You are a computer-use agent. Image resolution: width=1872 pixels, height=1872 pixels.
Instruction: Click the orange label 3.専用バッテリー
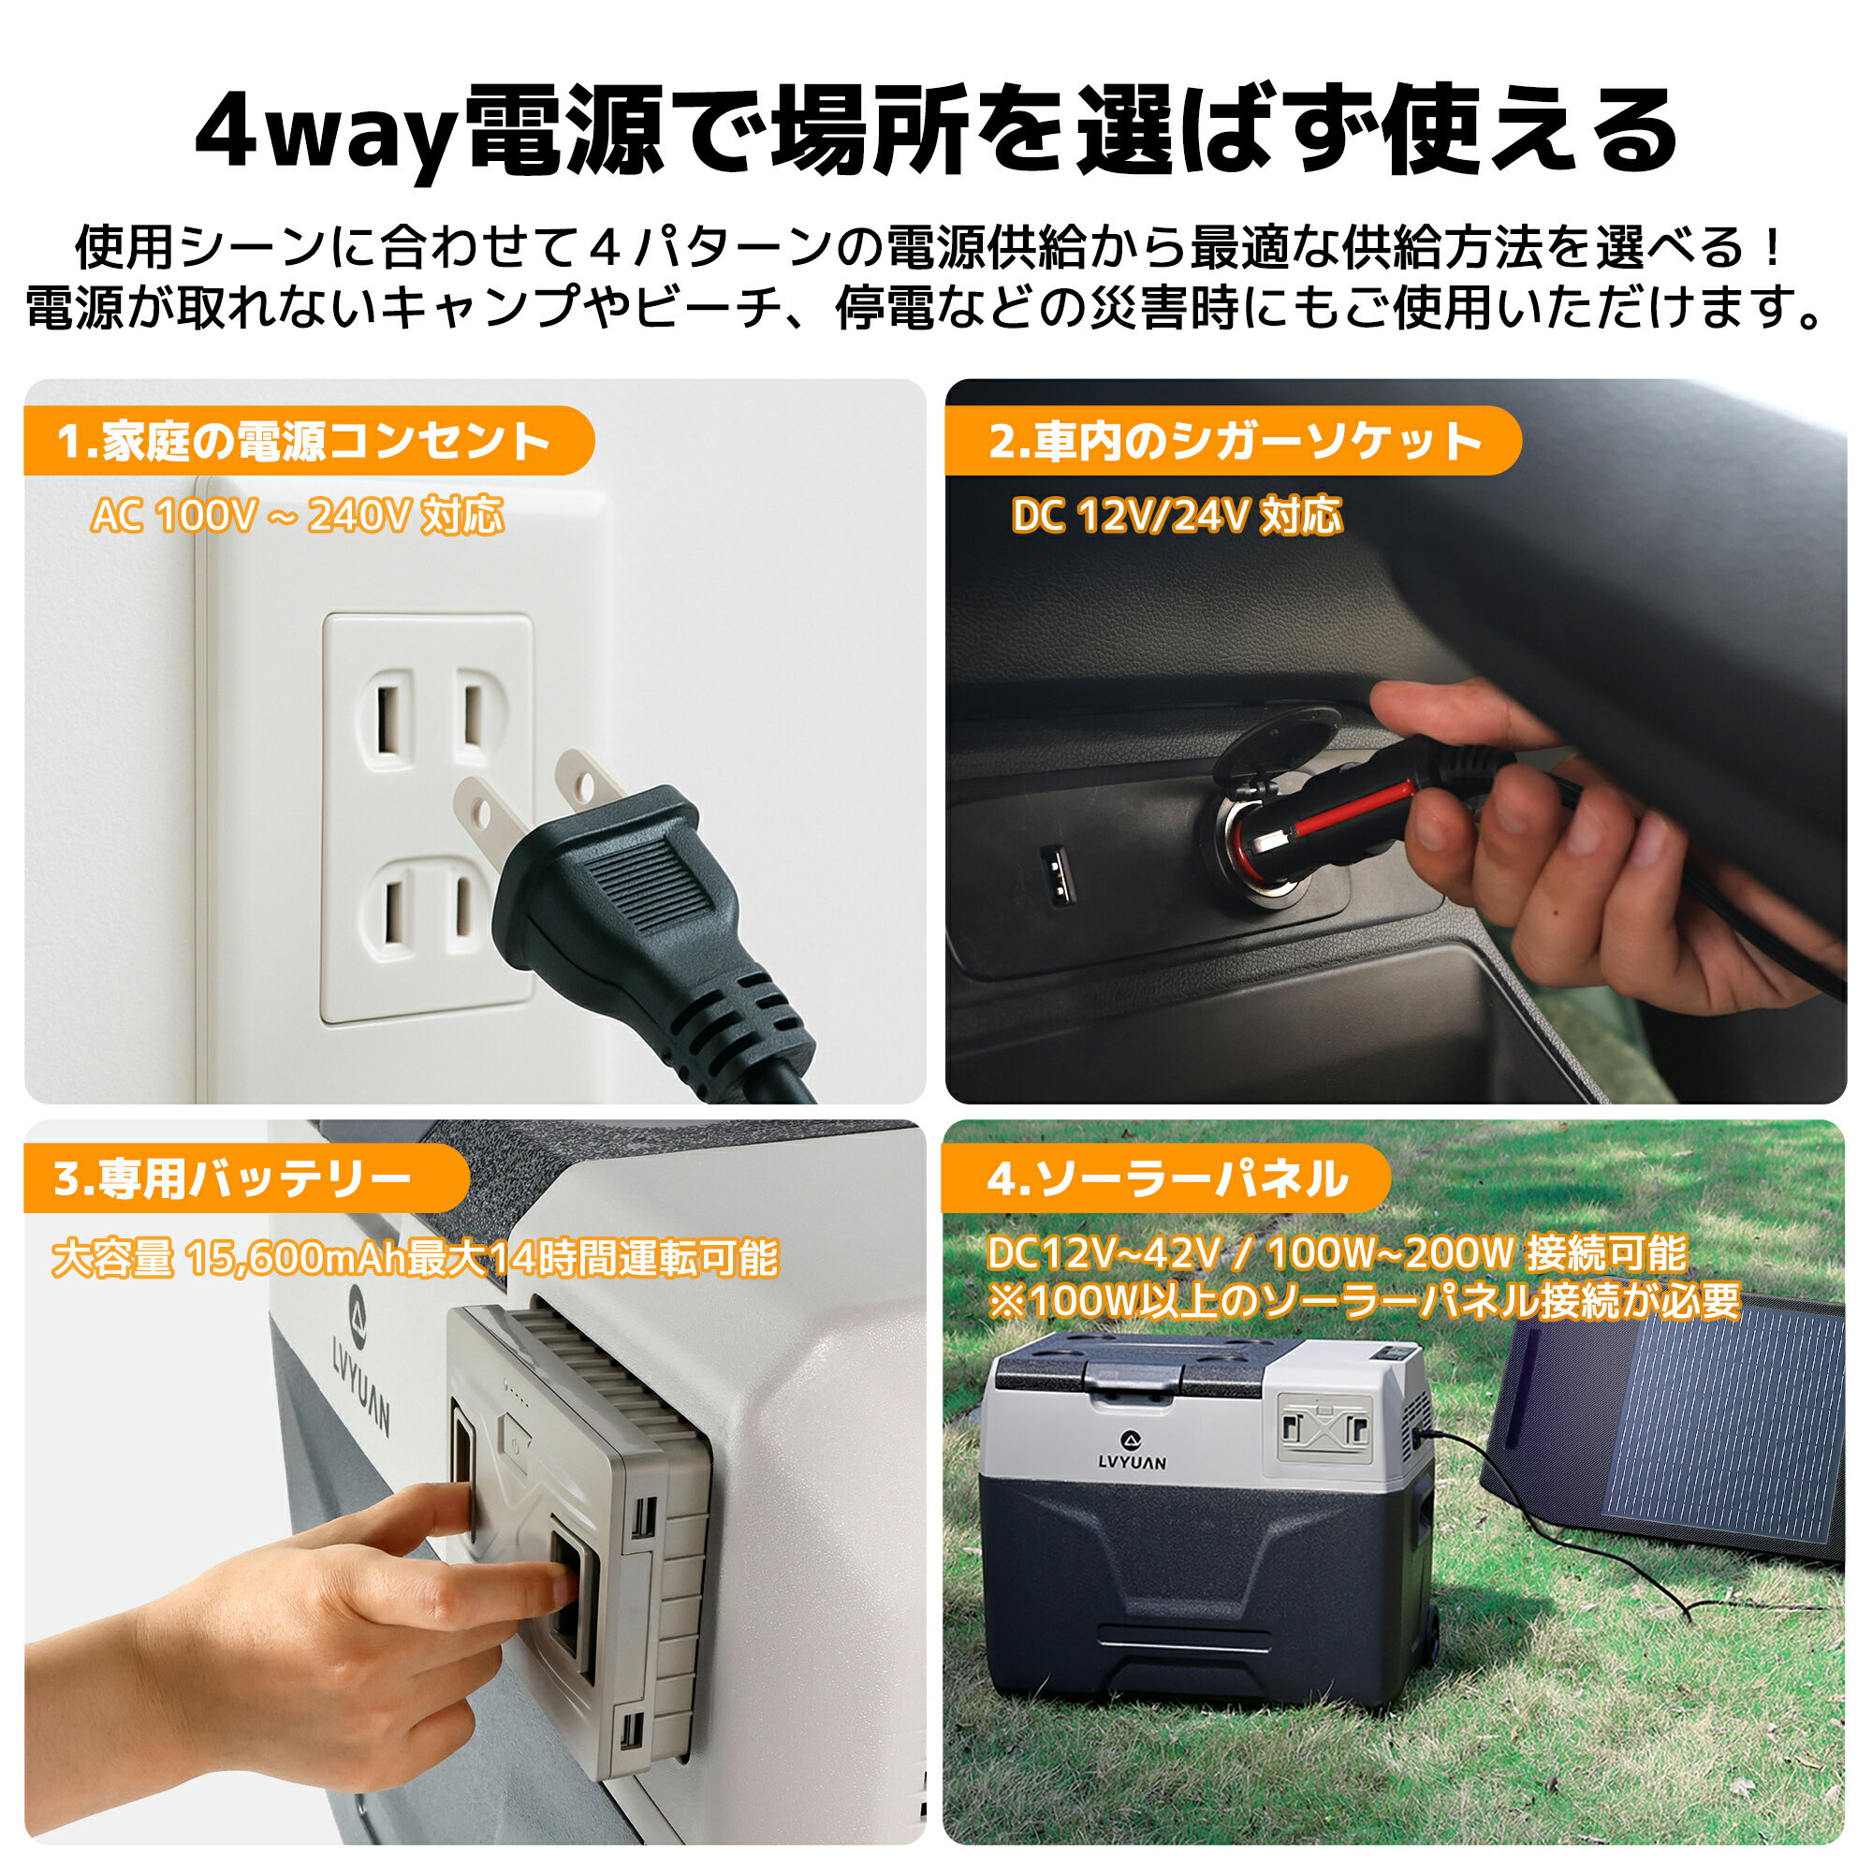[x=232, y=1179]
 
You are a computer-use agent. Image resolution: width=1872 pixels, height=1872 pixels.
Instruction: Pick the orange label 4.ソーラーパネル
[x=1166, y=1179]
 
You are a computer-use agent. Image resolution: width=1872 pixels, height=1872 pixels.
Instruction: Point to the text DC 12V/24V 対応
[x=1177, y=516]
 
